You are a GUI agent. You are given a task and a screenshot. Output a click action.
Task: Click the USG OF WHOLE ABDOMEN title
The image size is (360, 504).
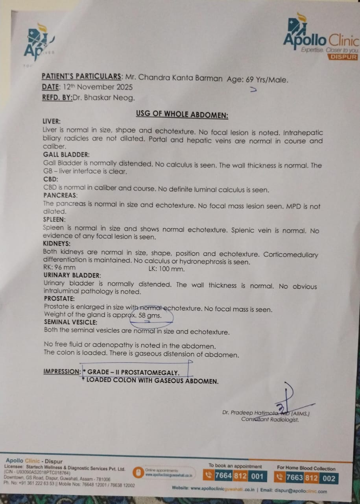pyautogui.click(x=182, y=114)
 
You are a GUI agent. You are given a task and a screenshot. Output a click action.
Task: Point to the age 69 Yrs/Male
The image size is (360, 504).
pyautogui.click(x=267, y=79)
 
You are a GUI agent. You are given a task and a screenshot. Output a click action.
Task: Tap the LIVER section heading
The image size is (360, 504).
pyautogui.click(x=52, y=122)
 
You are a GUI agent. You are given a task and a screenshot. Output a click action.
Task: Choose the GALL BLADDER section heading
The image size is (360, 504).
pyautogui.click(x=66, y=155)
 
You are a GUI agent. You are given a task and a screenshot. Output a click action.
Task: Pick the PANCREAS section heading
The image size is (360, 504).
pyautogui.click(x=61, y=195)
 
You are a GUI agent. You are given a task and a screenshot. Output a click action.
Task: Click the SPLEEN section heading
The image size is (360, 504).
pyautogui.click(x=55, y=219)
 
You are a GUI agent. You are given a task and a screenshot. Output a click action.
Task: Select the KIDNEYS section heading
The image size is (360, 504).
pyautogui.click(x=57, y=244)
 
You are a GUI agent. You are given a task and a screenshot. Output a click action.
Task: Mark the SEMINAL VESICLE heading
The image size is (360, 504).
pyautogui.click(x=71, y=322)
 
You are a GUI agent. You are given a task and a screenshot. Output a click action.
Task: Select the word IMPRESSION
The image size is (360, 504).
pyautogui.click(x=62, y=371)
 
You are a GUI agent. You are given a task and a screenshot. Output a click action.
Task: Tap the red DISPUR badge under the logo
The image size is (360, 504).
pyautogui.click(x=343, y=57)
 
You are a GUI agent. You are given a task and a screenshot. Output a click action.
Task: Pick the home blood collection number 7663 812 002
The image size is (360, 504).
pyautogui.click(x=310, y=478)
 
